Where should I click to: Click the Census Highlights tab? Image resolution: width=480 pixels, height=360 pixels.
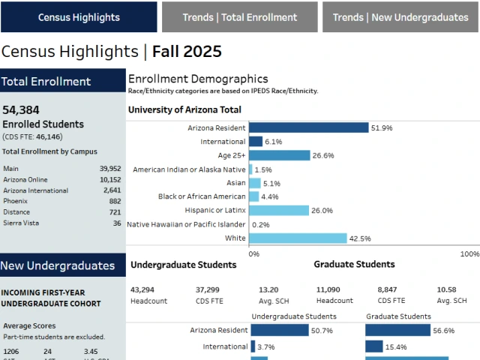[79, 17]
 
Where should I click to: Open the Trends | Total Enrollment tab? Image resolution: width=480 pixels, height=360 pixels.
[239, 17]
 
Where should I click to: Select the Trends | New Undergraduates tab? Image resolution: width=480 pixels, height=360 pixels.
[400, 17]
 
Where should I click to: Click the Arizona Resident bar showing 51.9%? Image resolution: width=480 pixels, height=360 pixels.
[308, 128]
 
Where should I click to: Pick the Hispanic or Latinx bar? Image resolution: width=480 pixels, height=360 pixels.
[278, 211]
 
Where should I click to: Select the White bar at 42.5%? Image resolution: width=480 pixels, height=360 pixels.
[297, 238]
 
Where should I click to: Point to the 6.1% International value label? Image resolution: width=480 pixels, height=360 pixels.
[273, 142]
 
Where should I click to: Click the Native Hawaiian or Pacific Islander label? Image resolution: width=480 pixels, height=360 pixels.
[186, 224]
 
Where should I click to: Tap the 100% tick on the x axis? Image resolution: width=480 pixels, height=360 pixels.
[469, 254]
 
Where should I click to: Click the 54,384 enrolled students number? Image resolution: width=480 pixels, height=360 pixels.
[21, 110]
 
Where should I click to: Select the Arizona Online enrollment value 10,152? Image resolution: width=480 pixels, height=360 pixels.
[109, 180]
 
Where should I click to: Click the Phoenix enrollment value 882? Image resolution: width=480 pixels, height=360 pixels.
[114, 202]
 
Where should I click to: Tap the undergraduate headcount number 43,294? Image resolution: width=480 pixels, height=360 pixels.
[142, 289]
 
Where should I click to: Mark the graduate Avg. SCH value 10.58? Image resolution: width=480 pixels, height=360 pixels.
[446, 289]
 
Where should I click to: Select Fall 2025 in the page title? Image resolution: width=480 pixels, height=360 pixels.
[187, 52]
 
